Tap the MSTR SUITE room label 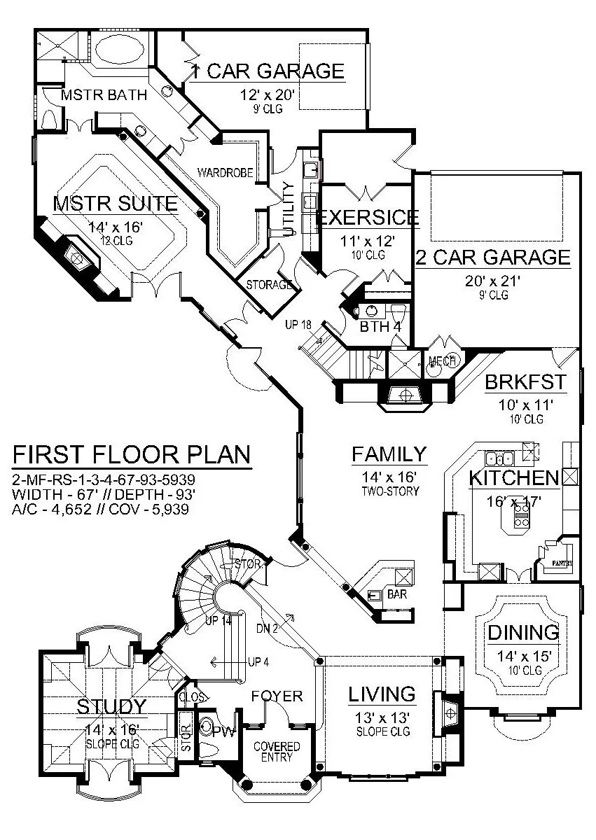click(116, 204)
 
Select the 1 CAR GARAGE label click(268, 71)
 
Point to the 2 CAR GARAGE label click(493, 257)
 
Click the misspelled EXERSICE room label click(368, 218)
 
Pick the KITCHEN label click(514, 479)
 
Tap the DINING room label click(525, 633)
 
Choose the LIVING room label click(382, 694)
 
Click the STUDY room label click(112, 705)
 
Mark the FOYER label click(277, 696)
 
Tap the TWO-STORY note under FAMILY click(389, 491)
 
